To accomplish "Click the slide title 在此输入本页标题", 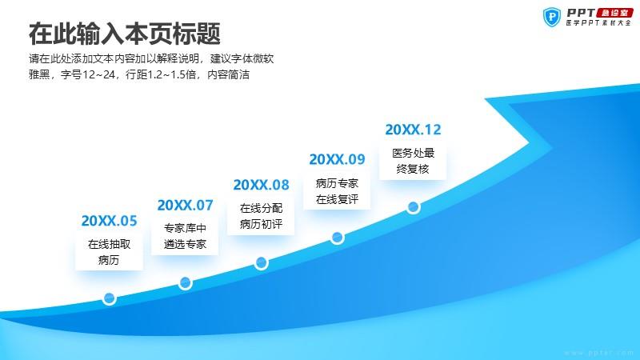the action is coord(125,34).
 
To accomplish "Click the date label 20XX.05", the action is coord(109,221).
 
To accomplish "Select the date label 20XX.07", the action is coord(185,205).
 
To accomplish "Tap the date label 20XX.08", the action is coord(261,185).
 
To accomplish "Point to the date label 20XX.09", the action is coord(337,159).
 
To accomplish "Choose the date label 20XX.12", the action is coord(413,130).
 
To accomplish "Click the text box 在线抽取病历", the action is coord(109,252).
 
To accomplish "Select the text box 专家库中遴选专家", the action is coord(185,236).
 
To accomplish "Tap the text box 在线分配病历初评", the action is coord(261,216).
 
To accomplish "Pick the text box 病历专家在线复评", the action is coord(337,191).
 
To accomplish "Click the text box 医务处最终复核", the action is coord(413,161).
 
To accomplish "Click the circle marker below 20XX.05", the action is coord(109,298).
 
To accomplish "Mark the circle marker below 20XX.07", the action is coord(185,282).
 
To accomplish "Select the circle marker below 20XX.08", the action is coord(261,262).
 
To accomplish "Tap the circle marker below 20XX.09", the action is coord(337,237).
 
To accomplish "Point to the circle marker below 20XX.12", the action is coord(413,207).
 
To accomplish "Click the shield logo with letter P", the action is coord(552,17).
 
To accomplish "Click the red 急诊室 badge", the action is coord(614,13).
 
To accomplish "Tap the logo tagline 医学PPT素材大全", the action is coord(598,23).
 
